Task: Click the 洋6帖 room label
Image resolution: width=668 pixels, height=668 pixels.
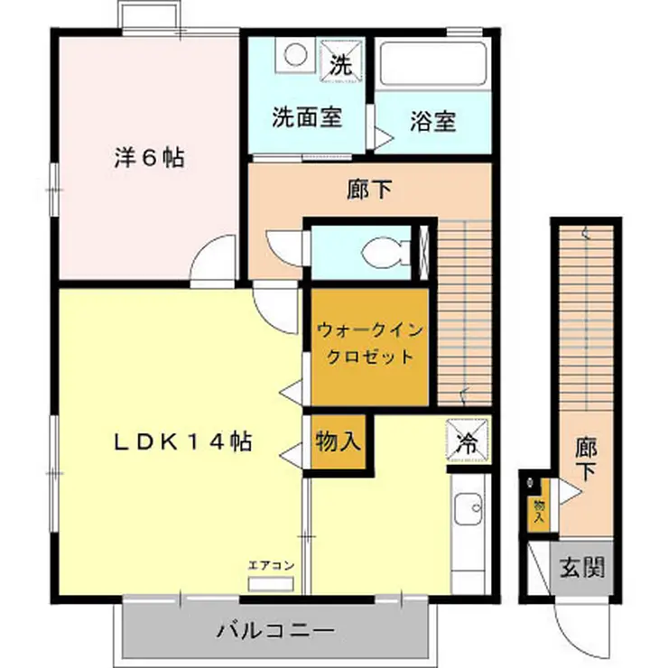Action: [x=149, y=157]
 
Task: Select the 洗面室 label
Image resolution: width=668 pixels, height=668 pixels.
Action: [x=307, y=118]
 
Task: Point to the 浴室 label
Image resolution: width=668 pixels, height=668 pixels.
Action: [x=432, y=121]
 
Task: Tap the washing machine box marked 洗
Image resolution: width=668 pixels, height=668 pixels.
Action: [x=339, y=63]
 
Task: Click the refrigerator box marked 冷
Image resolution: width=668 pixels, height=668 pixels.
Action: [x=469, y=442]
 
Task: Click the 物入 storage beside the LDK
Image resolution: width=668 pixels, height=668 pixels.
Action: [x=339, y=441]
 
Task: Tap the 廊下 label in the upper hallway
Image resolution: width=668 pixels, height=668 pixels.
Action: [x=368, y=190]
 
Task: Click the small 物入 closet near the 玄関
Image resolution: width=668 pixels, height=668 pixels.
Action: [x=539, y=512]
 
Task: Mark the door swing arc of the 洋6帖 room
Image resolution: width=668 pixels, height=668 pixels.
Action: [x=214, y=262]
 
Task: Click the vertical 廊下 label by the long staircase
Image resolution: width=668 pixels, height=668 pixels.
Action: [x=586, y=458]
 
